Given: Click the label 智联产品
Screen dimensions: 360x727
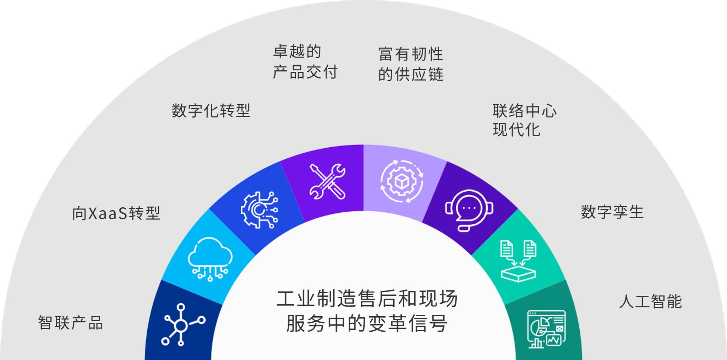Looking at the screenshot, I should (70, 323).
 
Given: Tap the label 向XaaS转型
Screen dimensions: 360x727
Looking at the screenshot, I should (116, 213).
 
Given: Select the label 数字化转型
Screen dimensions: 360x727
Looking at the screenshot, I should (211, 111).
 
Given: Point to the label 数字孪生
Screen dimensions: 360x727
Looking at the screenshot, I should (612, 212).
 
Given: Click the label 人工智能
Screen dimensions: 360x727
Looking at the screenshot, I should (650, 301).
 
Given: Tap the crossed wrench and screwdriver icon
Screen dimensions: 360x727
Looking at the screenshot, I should (327, 181).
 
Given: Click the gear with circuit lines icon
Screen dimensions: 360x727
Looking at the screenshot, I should (259, 210).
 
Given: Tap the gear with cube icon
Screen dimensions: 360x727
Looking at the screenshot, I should (401, 181).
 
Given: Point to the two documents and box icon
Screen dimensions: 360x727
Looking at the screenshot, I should (518, 261).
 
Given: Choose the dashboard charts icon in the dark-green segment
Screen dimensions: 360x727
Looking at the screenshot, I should (546, 329).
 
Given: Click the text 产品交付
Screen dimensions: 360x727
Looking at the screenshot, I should (305, 72).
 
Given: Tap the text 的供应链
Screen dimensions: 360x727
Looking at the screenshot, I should (411, 75).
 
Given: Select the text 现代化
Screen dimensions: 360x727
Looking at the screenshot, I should (516, 130).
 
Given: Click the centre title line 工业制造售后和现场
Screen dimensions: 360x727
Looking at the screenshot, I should (367, 299).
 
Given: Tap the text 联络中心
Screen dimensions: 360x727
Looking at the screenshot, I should (524, 111).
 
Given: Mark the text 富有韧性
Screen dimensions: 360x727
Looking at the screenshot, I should (411, 54).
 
